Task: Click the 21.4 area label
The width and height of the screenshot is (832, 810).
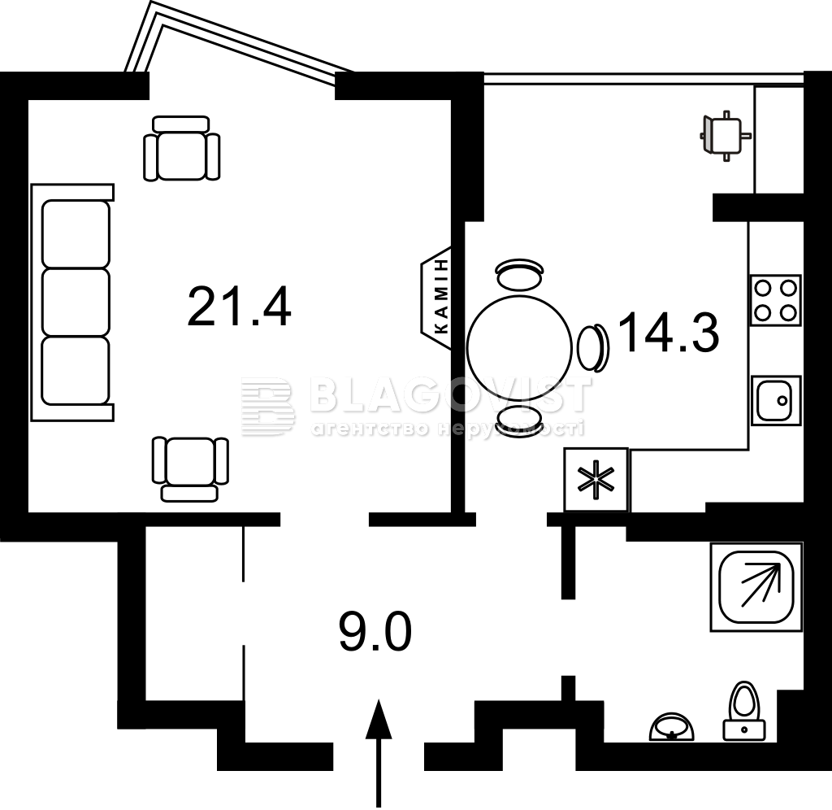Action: click(x=239, y=306)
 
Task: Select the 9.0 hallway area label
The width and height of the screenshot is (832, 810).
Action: click(x=375, y=631)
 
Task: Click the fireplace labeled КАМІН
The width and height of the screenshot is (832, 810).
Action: click(x=436, y=298)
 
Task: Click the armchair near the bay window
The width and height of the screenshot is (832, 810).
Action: click(x=181, y=149)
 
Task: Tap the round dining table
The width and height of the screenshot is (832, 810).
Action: click(x=519, y=346)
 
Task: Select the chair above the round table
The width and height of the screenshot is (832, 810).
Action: click(x=519, y=274)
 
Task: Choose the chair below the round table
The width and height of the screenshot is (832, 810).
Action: click(x=519, y=422)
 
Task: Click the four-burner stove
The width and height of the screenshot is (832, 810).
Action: click(x=775, y=301)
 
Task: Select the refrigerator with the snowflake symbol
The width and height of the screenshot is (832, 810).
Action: click(x=596, y=480)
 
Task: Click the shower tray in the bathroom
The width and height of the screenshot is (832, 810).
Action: click(x=756, y=587)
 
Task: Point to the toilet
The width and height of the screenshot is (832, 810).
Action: click(x=744, y=711)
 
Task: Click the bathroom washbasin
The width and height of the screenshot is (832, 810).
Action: click(x=672, y=727)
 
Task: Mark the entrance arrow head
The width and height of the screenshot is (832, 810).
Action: click(x=379, y=719)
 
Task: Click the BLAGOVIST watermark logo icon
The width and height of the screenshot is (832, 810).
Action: click(x=268, y=407)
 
